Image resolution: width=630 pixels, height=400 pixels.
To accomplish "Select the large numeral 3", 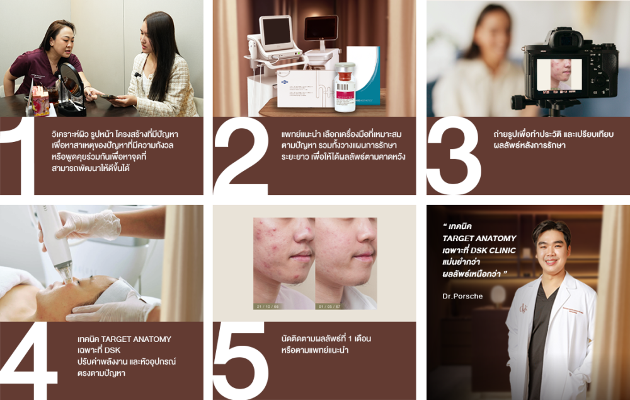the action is click(x=454, y=155).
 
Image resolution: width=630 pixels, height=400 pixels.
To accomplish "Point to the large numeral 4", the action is click(x=29, y=360).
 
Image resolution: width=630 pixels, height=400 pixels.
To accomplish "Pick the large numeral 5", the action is click(x=240, y=360).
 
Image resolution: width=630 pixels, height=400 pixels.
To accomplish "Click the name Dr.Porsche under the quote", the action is click(x=462, y=296).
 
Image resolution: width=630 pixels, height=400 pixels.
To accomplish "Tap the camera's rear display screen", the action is click(x=559, y=74).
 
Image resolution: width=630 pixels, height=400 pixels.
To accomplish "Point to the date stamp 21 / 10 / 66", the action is click(x=268, y=307).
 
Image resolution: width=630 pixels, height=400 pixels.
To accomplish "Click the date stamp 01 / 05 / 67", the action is click(x=329, y=307).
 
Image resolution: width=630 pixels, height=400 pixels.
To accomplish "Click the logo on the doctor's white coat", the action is click(x=523, y=309).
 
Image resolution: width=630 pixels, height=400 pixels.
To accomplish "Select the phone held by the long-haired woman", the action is click(x=108, y=97).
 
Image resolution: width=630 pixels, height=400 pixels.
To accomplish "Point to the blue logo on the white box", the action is click(x=283, y=83).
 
